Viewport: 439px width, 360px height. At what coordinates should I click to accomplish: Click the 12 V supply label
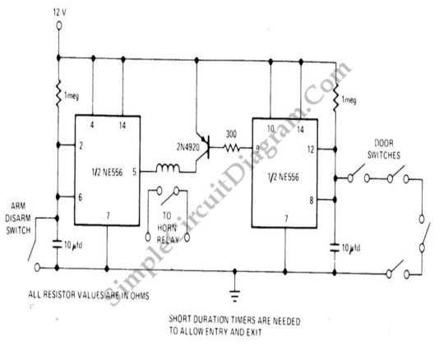tap(60, 12)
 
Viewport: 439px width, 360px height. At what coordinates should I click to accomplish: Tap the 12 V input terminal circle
tap(59, 25)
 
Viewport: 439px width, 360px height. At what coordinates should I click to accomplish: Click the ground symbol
tap(234, 296)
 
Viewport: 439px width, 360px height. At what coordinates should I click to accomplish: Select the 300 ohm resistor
tap(231, 148)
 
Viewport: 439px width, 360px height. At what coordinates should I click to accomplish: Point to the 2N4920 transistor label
tap(188, 147)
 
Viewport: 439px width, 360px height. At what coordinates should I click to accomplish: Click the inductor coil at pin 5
tap(168, 168)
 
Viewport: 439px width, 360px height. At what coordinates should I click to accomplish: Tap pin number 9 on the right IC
tap(257, 148)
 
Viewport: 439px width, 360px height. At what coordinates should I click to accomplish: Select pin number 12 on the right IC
tap(311, 150)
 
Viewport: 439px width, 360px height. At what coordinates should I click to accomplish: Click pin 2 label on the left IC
tap(81, 145)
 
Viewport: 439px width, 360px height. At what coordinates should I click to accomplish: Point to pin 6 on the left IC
tap(80, 197)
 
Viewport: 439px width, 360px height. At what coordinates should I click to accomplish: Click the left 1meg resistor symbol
tap(59, 93)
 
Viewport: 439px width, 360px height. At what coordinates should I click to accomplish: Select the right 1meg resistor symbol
tap(335, 96)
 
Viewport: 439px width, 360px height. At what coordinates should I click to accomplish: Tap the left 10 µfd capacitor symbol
tap(58, 244)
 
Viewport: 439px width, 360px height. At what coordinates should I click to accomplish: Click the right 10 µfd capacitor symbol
tap(335, 247)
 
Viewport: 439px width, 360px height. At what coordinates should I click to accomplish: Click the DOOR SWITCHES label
tap(384, 150)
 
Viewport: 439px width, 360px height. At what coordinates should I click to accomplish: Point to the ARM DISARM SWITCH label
tap(18, 219)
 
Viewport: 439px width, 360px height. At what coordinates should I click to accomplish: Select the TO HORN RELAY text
tap(168, 228)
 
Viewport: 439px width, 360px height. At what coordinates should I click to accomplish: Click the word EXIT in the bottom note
tap(254, 332)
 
